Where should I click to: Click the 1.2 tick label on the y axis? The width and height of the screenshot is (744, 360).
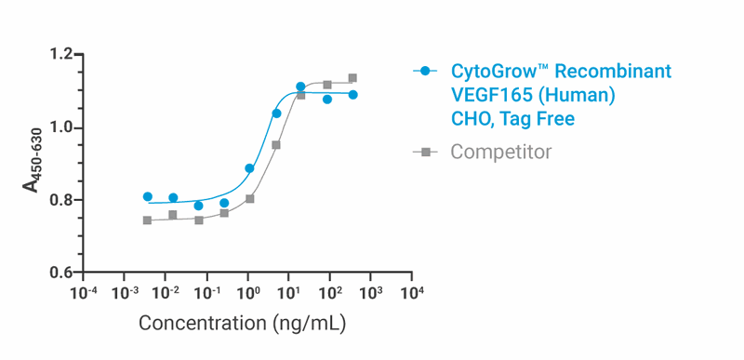coord(60,55)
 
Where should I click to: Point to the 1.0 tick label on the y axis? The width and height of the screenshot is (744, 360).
coord(60,127)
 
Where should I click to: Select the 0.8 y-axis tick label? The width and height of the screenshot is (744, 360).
coord(60,200)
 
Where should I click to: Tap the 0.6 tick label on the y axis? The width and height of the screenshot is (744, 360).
coord(60,273)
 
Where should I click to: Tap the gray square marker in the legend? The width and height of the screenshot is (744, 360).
coord(426,152)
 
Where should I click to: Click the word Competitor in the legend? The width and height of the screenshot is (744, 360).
coord(501,152)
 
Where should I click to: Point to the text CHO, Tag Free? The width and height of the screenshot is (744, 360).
coord(512,119)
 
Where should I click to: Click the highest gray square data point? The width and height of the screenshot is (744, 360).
coord(352,78)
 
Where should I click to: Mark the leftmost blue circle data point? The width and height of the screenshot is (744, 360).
coord(148,196)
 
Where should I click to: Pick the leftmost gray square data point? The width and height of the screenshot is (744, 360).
coord(147,220)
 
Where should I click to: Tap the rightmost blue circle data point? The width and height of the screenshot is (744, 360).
coord(353,95)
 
